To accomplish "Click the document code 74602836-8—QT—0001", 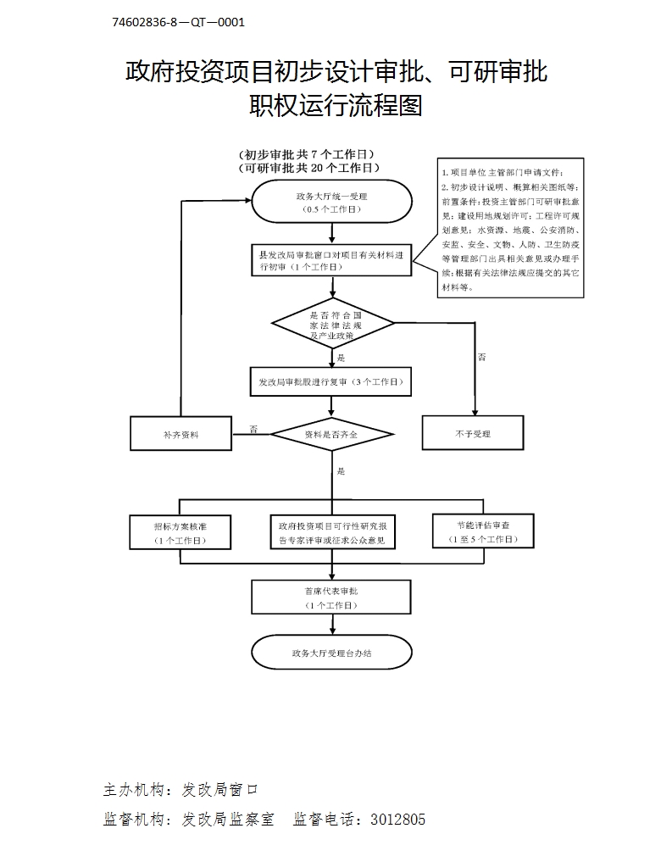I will click(x=178, y=22).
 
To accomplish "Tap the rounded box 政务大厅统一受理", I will click(x=331, y=202).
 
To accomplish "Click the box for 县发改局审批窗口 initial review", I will click(x=331, y=260).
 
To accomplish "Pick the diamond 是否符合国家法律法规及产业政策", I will click(x=332, y=324).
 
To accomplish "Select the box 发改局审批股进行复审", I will click(x=331, y=381).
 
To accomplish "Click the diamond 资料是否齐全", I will click(x=331, y=434).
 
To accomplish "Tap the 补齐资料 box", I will click(x=180, y=434).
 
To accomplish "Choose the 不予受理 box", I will click(x=473, y=434).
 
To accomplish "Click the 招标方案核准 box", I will click(x=180, y=532).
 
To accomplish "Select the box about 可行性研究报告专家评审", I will click(x=332, y=532).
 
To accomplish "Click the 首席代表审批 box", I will click(x=331, y=597).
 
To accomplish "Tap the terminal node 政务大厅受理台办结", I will click(x=331, y=653).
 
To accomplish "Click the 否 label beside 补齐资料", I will click(x=253, y=429).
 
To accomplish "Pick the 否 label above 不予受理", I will click(x=481, y=357).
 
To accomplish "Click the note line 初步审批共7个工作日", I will click(x=308, y=154).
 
